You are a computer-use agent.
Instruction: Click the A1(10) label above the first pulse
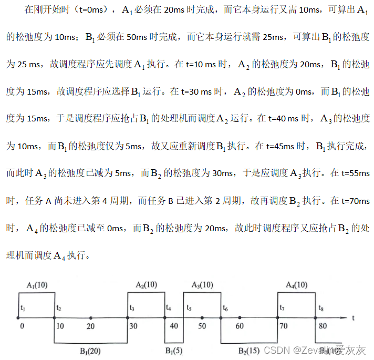[37, 285]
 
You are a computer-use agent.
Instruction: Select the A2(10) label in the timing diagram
[146, 285]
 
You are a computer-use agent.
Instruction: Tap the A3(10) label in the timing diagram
[202, 285]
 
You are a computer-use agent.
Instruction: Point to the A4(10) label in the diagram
[297, 285]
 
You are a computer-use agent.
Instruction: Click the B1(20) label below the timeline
[91, 350]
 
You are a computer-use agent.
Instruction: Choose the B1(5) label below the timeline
[174, 350]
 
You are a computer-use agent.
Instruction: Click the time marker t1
[22, 307]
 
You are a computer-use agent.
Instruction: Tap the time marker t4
[168, 307]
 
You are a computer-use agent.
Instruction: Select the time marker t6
[225, 307]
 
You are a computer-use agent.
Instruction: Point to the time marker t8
[320, 307]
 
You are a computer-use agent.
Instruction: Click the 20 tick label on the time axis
[91, 326]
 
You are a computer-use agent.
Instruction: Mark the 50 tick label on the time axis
[202, 326]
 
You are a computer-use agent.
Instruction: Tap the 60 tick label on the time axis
[240, 326]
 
